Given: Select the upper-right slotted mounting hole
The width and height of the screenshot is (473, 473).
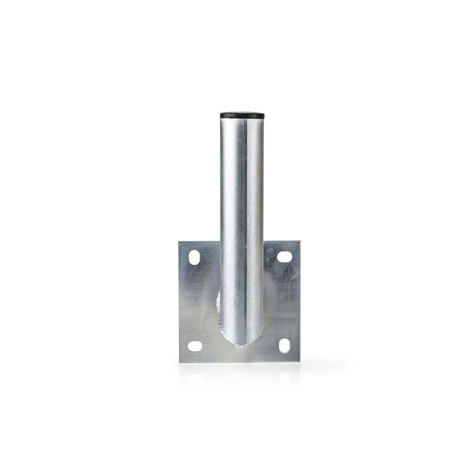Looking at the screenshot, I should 283,257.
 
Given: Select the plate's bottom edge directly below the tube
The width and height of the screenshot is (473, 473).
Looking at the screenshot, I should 239,362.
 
